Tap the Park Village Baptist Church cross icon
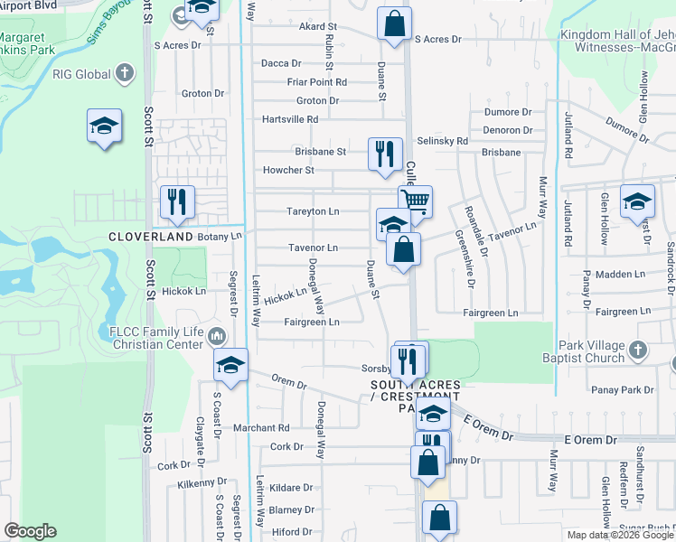637,349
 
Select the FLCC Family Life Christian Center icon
216,337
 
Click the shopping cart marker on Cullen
416,201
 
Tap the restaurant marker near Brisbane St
385,154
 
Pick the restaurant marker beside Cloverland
176,202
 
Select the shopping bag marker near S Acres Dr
394,23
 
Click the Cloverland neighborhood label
151,237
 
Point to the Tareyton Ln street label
314,211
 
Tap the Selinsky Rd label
443,141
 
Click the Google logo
30,531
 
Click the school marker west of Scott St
104,126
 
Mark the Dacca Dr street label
281,63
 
